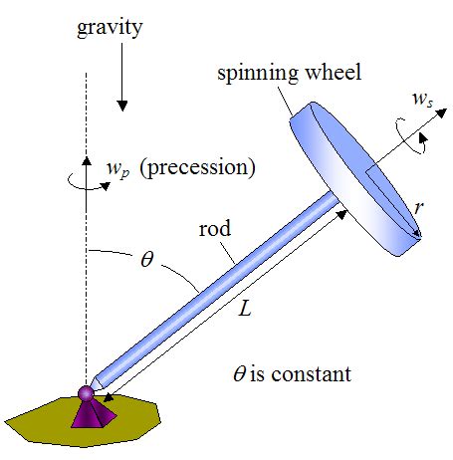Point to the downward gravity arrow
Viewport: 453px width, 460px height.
[120, 85]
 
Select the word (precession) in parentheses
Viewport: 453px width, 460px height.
[197, 165]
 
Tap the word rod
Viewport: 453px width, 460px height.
[215, 229]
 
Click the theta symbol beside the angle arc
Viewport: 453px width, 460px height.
[146, 261]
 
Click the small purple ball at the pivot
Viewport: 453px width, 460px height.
[86, 394]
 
